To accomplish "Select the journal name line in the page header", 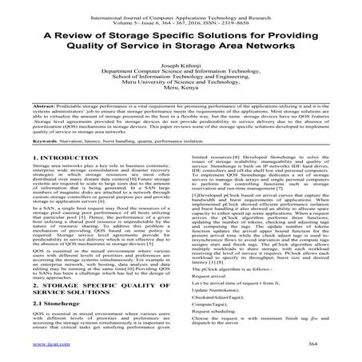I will [181, 7].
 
